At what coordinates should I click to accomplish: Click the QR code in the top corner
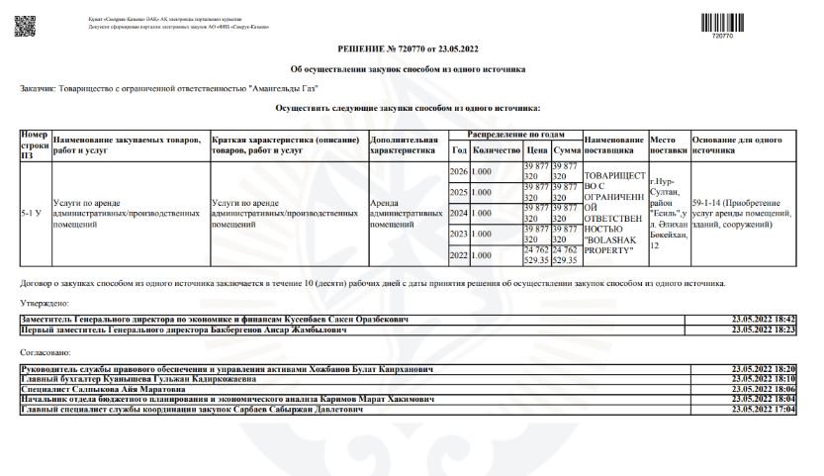(24, 26)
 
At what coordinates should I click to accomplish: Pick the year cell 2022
(458, 255)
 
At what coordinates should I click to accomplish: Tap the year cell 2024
(458, 213)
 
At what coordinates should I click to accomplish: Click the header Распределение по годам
(514, 135)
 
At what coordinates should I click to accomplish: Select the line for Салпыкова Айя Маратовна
(89, 389)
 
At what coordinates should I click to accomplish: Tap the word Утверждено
(41, 305)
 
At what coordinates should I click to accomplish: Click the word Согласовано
(43, 351)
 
